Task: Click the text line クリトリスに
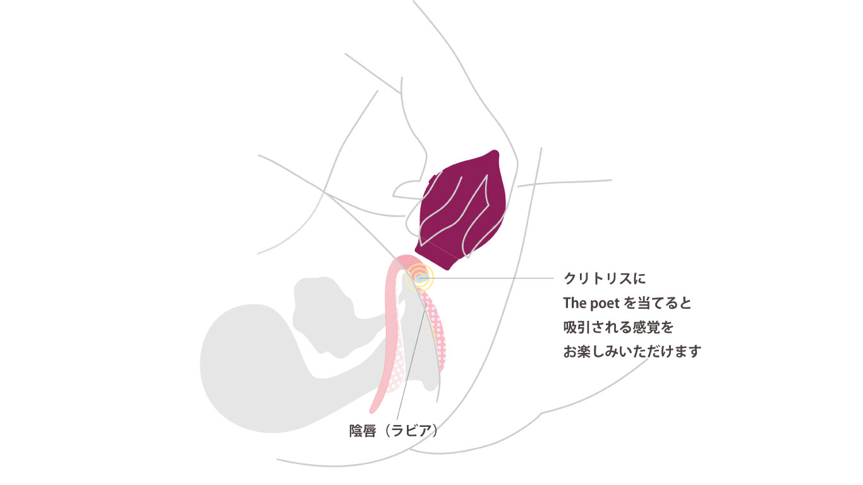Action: [x=605, y=278]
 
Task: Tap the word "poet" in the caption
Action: [x=603, y=304]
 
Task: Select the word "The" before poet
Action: [x=574, y=303]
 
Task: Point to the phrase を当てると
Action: [x=657, y=303]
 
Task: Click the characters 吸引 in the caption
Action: [x=577, y=328]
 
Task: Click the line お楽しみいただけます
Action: [x=632, y=352]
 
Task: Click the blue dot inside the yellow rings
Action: [x=419, y=277]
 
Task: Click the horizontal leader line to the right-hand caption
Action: [x=489, y=278]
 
